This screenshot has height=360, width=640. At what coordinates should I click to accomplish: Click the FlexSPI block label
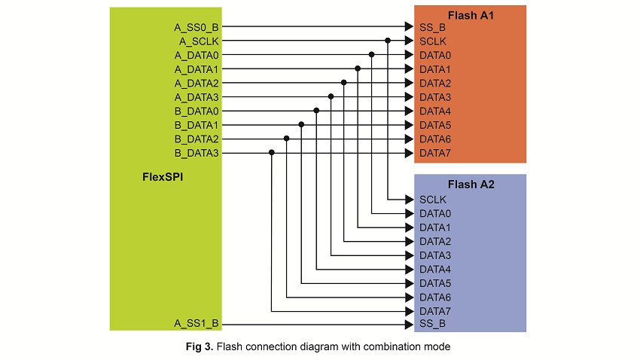click(163, 178)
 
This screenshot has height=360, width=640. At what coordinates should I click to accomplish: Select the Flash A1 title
click(470, 15)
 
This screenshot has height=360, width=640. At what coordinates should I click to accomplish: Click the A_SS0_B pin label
click(197, 27)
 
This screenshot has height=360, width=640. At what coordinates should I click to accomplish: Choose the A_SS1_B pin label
click(197, 324)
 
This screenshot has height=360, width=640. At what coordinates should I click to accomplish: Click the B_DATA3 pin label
click(197, 153)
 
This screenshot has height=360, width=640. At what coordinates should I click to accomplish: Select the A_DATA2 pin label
click(197, 83)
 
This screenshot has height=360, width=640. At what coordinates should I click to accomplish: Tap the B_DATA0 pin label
click(197, 111)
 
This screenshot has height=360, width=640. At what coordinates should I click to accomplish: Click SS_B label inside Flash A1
click(432, 27)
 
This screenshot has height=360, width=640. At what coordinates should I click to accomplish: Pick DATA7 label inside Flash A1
click(435, 153)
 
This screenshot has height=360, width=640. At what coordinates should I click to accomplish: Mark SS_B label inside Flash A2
click(432, 324)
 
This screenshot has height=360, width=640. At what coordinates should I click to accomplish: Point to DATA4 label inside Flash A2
click(435, 269)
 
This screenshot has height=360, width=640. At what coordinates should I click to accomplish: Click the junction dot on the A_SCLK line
click(388, 41)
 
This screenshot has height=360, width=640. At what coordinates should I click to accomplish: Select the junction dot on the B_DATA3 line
click(272, 153)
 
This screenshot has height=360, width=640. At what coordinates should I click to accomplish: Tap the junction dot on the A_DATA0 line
click(373, 55)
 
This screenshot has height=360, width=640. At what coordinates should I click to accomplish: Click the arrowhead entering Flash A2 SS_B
click(409, 324)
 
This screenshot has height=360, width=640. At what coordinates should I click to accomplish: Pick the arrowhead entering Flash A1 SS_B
click(409, 27)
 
